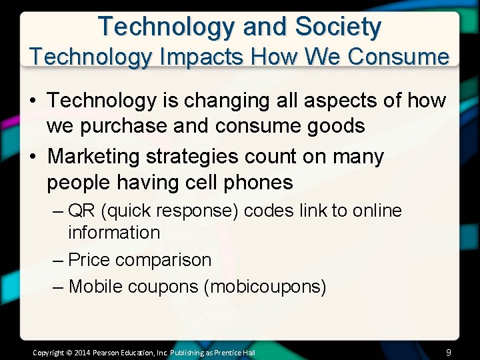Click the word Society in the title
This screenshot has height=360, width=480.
click(x=339, y=27)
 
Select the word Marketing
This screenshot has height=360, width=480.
click(x=94, y=157)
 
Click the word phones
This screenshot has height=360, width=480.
click(x=258, y=182)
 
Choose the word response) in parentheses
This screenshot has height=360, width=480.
click(x=199, y=211)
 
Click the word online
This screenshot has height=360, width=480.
click(x=377, y=211)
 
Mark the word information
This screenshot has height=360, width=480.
click(x=114, y=233)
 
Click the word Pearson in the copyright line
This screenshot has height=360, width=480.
click(x=107, y=352)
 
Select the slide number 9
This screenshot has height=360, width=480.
click(x=449, y=352)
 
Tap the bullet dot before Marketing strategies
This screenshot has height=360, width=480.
click(x=33, y=157)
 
